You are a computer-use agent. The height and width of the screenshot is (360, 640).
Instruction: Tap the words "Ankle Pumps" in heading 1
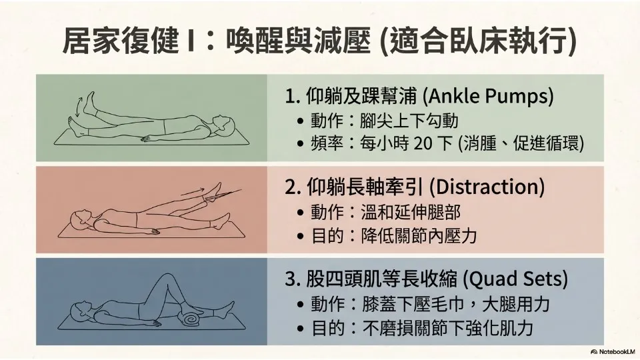click(x=489, y=96)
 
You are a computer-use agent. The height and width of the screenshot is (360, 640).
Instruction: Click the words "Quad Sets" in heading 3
click(x=516, y=279)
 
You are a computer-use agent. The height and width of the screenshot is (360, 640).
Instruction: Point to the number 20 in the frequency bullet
click(x=423, y=143)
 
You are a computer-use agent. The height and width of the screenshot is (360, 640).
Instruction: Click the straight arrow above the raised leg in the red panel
click(x=192, y=191)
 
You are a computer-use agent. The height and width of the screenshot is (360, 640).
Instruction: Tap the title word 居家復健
click(x=121, y=40)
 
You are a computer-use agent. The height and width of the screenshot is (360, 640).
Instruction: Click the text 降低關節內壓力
click(x=419, y=236)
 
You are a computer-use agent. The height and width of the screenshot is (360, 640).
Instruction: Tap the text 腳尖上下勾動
click(x=409, y=121)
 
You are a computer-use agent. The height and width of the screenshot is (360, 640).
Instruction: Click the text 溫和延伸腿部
click(x=411, y=212)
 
